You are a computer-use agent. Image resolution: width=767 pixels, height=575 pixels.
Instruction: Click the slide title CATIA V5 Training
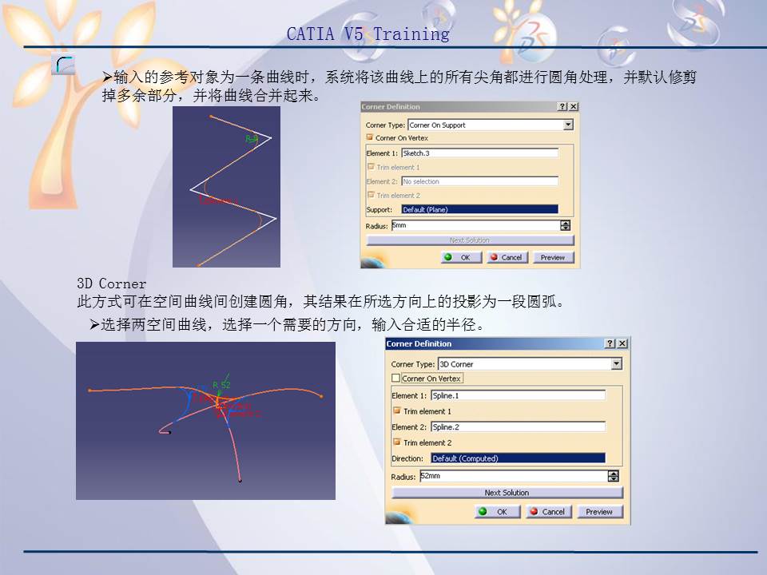tap(368, 34)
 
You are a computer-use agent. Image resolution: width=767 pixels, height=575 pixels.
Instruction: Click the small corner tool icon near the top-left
tap(63, 65)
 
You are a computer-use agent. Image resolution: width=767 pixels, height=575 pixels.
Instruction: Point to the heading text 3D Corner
tap(111, 284)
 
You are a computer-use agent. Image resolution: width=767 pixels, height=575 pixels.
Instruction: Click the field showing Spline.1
tap(518, 395)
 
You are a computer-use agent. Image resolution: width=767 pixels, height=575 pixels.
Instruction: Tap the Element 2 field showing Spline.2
tap(518, 427)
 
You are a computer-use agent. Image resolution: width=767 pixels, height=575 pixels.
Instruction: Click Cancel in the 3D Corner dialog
tap(548, 512)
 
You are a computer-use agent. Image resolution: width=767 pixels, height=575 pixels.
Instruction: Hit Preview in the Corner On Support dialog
tap(552, 258)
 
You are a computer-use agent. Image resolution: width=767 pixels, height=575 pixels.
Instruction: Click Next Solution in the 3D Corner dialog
tap(507, 493)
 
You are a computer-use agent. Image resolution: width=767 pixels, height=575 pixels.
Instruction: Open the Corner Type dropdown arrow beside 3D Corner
tap(616, 364)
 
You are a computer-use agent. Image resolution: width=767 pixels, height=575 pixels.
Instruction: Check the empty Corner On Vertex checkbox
tap(396, 379)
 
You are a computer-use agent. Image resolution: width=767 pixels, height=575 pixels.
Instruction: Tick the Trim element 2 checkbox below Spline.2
tap(396, 442)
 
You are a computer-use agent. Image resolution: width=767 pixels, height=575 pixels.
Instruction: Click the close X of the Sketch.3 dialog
tap(574, 107)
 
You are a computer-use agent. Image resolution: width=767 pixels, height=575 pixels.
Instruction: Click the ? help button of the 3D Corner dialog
tap(610, 343)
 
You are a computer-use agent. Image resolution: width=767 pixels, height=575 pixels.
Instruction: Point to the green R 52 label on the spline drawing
tap(221, 385)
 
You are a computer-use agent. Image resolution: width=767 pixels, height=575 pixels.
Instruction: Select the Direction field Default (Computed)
tap(518, 458)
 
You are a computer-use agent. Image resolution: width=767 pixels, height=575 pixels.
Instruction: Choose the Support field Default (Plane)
tap(479, 209)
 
